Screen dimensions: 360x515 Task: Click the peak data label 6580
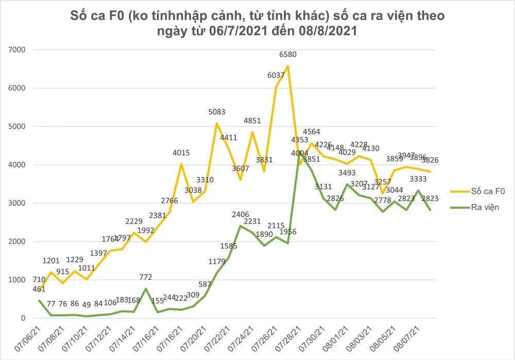pyautogui.click(x=288, y=55)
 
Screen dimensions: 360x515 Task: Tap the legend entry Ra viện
pyautogui.click(x=484, y=208)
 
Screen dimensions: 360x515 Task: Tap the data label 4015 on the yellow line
pyautogui.click(x=182, y=153)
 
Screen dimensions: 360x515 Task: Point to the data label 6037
pyautogui.click(x=276, y=76)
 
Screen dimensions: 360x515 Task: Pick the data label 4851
pyautogui.click(x=253, y=122)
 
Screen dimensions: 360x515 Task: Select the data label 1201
pyautogui.click(x=51, y=261)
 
